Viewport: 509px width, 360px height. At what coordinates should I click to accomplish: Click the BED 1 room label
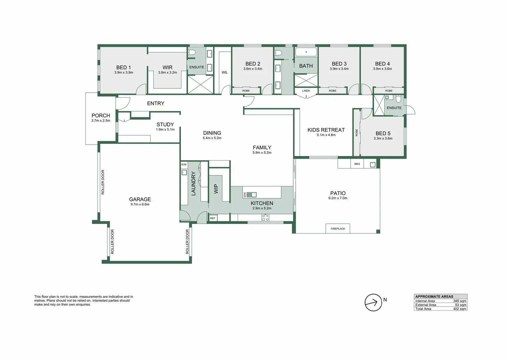point(123,67)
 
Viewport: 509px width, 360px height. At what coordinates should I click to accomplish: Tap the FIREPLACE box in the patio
point(338,228)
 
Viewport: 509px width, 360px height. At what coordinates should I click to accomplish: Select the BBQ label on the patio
point(357,164)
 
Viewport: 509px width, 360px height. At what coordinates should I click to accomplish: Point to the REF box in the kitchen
point(213,218)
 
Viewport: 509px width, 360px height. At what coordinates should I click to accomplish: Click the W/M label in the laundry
point(184,165)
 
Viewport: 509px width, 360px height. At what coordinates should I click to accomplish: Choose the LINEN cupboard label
point(306,91)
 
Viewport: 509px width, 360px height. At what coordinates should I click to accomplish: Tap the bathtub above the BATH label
point(306,52)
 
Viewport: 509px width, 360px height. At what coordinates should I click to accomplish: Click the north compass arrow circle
point(373,303)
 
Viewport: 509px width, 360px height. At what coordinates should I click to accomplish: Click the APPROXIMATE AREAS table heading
point(434,297)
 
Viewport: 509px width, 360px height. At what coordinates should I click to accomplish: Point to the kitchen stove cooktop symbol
point(265,218)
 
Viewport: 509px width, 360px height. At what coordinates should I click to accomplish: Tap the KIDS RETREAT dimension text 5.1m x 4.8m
point(326,135)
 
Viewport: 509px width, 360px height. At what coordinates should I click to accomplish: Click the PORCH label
point(101,115)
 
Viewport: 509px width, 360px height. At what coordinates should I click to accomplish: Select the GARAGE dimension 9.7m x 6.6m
point(140,204)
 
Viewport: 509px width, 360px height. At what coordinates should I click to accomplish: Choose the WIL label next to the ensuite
point(225,73)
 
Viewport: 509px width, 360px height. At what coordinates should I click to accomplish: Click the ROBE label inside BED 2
point(246,91)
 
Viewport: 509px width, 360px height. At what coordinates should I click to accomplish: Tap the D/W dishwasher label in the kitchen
point(245,195)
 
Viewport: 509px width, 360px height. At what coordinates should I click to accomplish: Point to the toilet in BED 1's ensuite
point(192,53)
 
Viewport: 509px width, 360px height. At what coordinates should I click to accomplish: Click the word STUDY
point(165,125)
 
